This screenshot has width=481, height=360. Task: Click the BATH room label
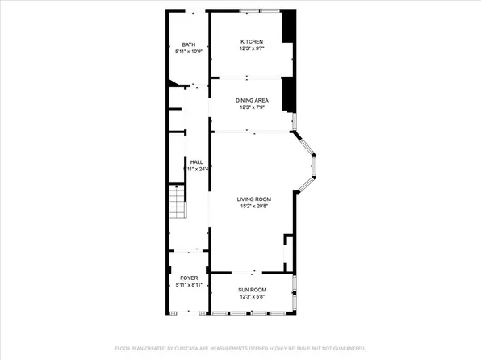(x=188, y=44)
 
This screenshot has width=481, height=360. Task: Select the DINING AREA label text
(x=252, y=100)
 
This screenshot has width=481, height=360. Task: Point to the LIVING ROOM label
(x=253, y=199)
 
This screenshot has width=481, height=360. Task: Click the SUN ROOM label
(x=252, y=289)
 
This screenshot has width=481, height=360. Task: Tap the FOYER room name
(x=188, y=278)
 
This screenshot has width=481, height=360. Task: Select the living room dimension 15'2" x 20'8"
(x=253, y=206)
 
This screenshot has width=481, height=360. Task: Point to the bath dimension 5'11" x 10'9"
(x=188, y=52)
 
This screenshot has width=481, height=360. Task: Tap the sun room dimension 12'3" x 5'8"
(x=252, y=296)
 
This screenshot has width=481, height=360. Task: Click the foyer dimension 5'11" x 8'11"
(x=188, y=285)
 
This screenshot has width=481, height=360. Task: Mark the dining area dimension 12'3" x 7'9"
(x=252, y=107)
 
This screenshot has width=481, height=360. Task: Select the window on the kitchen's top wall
(x=260, y=10)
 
